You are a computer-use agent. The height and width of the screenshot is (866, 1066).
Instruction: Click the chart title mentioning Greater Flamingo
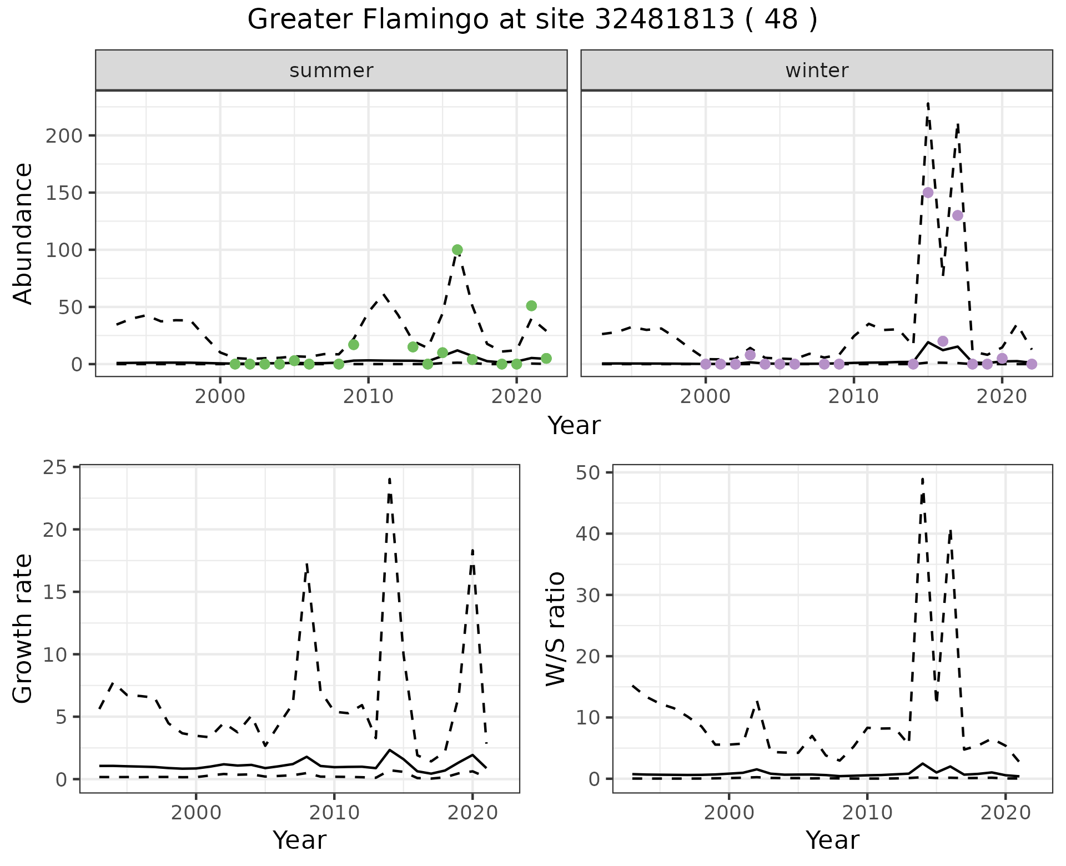click(532, 20)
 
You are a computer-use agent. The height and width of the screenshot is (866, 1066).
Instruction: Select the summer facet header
click(331, 71)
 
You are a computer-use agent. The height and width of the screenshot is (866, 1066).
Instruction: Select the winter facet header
click(816, 71)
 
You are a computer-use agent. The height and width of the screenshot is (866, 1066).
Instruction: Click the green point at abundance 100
click(457, 250)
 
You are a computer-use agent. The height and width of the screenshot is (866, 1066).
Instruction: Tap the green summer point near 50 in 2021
click(531, 306)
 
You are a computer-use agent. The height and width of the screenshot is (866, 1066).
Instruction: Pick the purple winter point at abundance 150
click(928, 193)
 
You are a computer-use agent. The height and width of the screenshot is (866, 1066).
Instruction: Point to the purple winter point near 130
click(957, 215)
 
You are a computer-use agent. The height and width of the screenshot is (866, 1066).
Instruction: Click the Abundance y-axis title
click(23, 233)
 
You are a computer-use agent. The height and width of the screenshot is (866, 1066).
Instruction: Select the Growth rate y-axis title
click(23, 628)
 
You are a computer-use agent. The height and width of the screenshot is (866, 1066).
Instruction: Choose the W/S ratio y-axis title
click(556, 628)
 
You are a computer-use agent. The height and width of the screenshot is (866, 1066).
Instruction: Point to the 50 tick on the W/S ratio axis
click(587, 472)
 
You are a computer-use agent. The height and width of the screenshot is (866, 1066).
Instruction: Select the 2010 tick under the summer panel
click(368, 397)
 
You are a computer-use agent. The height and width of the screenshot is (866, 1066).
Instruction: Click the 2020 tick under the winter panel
click(1002, 397)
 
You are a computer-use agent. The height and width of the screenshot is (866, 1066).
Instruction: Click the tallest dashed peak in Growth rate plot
click(390, 479)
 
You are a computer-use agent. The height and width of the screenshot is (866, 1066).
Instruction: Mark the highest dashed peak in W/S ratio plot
click(922, 479)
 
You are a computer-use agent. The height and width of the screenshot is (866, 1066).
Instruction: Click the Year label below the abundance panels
click(574, 426)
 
